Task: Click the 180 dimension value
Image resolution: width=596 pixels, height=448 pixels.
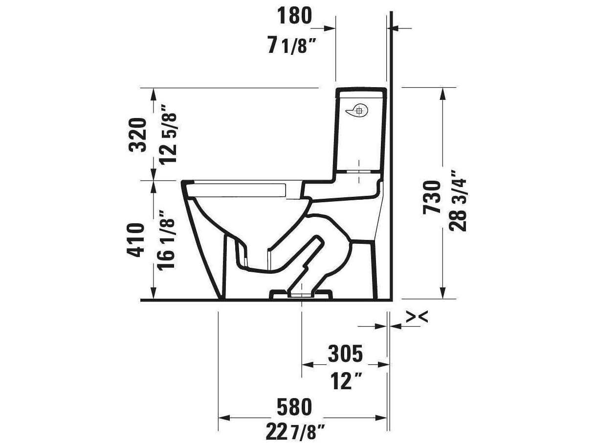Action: (x=294, y=16)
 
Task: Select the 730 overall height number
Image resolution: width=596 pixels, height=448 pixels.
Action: (x=432, y=196)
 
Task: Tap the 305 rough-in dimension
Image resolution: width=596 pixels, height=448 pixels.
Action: (x=345, y=354)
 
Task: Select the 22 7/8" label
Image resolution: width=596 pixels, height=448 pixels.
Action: (x=295, y=432)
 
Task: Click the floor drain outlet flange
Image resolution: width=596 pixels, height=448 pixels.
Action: (x=301, y=294)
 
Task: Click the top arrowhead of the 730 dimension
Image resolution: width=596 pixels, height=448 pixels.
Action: (x=442, y=93)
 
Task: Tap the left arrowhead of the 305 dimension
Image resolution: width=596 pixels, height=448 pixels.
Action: (x=308, y=365)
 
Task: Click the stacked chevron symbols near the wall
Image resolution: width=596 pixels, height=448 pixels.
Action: (x=417, y=317)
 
